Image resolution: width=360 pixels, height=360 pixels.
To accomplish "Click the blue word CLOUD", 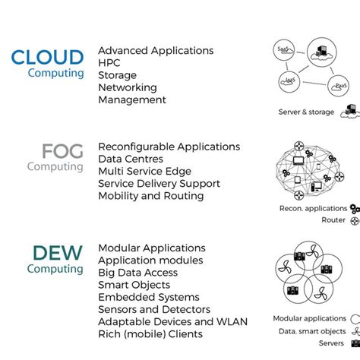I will click(47, 58).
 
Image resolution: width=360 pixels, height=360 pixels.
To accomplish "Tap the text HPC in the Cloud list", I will click(110, 63).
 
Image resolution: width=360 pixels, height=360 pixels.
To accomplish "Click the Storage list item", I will click(118, 75).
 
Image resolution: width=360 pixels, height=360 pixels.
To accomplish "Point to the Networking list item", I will click(128, 87).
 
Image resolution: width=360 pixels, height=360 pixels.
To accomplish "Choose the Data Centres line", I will click(131, 159).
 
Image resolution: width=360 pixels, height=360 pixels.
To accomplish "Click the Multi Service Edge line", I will click(145, 172).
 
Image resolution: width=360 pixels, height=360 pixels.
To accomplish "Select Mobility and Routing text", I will click(151, 196).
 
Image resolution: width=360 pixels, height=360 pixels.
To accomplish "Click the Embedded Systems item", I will click(149, 297).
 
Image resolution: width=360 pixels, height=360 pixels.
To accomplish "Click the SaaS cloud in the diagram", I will click(284, 49).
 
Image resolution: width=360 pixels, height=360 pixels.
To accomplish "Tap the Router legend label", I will click(333, 220).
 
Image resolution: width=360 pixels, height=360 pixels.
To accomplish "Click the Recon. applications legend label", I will click(313, 208).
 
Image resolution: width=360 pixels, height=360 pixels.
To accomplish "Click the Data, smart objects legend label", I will click(312, 332).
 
